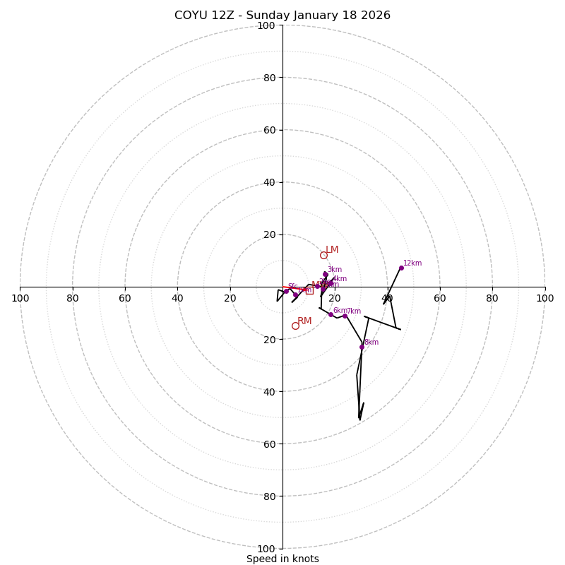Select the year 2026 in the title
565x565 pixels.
pos(375,16)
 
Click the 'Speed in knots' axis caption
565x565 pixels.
pos(282,559)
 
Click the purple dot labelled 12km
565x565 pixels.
pos(401,268)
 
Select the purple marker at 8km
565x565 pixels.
pos(362,347)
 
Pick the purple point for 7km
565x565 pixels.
pos(345,316)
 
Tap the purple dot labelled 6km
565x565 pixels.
pos(331,314)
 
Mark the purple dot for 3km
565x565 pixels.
pos(326,274)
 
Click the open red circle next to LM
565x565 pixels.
pos(323,255)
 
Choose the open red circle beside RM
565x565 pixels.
pos(295,326)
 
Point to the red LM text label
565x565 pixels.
pos(332,250)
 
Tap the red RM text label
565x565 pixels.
pos(304,321)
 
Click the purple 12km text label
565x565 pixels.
pos(412,263)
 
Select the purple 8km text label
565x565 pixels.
pos(371,343)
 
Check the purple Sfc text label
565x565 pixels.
pos(292,287)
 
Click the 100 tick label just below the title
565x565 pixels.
pos(266,26)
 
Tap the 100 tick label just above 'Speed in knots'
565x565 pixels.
pos(266,549)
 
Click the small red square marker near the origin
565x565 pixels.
pos(309,290)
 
